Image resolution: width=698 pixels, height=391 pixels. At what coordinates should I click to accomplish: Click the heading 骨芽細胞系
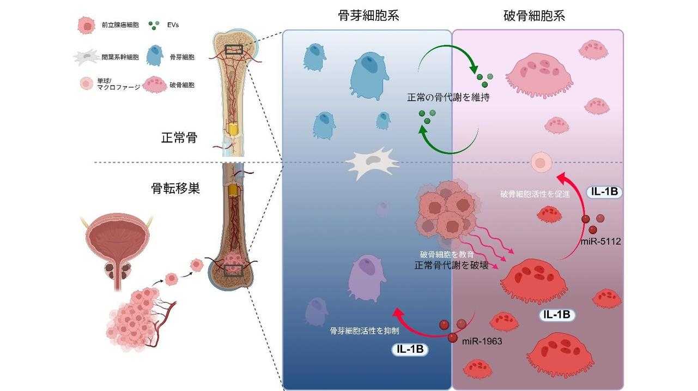point(368,15)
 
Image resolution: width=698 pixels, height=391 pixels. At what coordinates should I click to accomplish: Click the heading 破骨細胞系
point(534,15)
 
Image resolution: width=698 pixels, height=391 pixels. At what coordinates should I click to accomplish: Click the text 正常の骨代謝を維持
point(447,99)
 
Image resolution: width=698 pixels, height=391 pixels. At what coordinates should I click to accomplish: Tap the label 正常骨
point(178,139)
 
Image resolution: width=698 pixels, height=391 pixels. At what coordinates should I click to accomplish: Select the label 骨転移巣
point(175,189)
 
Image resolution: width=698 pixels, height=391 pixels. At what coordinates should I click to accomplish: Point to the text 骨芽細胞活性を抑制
point(357,330)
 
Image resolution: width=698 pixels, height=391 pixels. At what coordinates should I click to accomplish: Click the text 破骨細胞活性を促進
point(535,194)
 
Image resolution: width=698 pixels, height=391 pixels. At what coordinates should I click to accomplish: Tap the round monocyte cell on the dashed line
point(541,162)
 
